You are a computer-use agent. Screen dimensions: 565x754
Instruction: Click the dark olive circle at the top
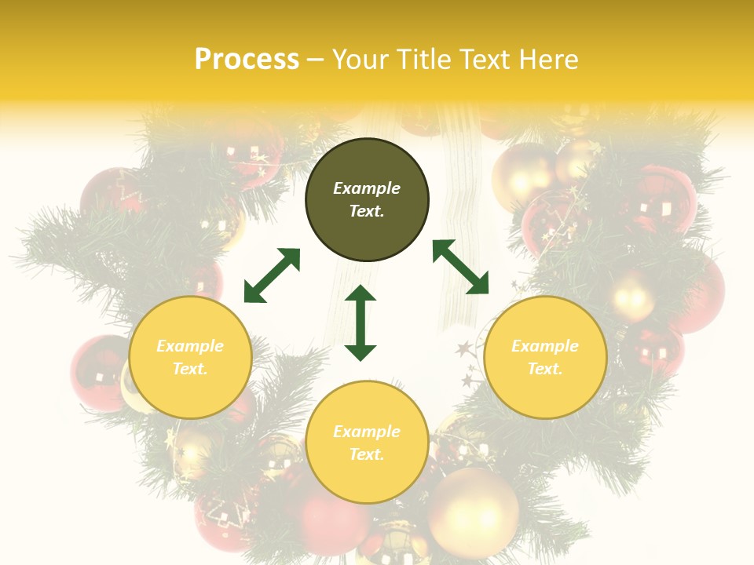(367, 200)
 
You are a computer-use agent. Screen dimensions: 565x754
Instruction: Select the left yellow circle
(190, 357)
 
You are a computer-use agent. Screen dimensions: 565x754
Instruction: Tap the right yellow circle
(545, 357)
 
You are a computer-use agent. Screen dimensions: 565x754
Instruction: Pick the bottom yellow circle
(367, 442)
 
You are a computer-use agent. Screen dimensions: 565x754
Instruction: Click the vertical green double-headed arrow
(361, 323)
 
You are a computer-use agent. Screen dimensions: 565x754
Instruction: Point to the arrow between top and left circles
(272, 275)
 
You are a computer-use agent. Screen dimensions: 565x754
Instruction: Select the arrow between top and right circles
(461, 267)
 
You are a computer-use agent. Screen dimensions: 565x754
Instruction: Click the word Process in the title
(247, 59)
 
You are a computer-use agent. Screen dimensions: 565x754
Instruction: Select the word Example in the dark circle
(367, 188)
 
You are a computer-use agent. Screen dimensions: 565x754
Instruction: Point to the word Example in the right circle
(545, 346)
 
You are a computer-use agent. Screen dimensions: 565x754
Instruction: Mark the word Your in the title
(361, 59)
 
